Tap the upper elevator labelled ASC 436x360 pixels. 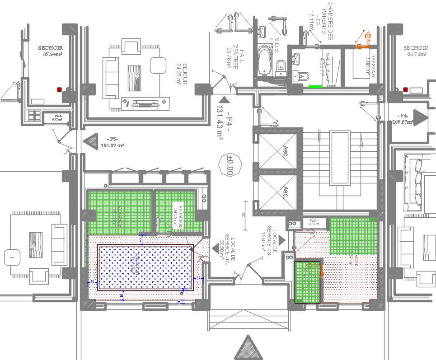[278, 151]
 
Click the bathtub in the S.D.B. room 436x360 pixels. [263, 62]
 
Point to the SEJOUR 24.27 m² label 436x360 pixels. [182, 73]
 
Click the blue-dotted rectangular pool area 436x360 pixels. [145, 267]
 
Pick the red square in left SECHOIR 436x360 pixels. [59, 89]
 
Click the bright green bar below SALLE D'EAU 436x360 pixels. [315, 85]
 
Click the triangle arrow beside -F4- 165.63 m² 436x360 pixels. [420, 118]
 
